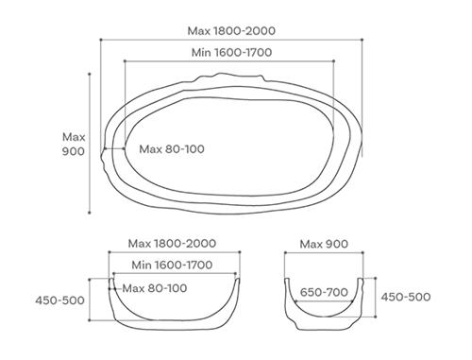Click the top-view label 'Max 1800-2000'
(231, 31)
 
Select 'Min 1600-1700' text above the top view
(231, 52)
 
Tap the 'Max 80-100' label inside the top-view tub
(172, 149)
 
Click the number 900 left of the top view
(74, 151)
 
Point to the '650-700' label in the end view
(324, 292)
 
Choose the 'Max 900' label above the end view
(324, 244)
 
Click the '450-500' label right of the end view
(406, 297)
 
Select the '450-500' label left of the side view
(59, 300)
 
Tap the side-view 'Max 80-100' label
(155, 288)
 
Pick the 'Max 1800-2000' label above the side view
(172, 244)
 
